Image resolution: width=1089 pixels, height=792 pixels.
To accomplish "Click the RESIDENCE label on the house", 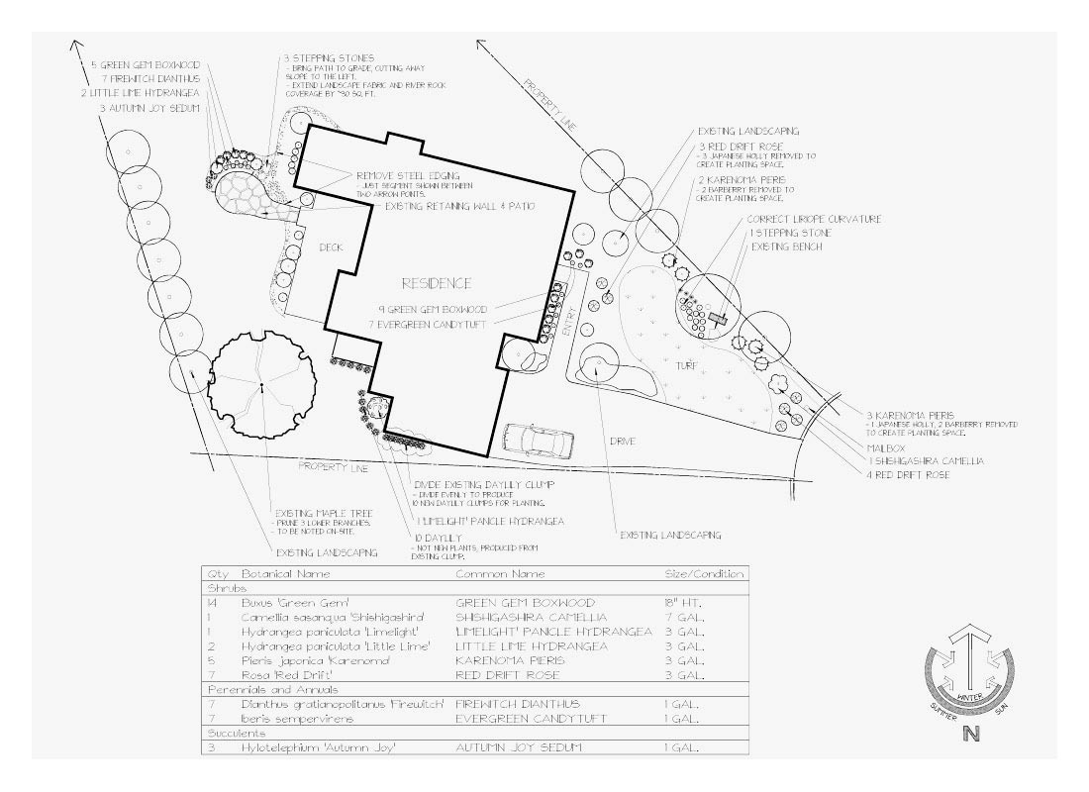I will [436, 283].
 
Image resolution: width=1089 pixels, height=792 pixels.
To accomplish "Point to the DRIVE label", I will [622, 441].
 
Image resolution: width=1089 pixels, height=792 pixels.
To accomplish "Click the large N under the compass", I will [971, 734].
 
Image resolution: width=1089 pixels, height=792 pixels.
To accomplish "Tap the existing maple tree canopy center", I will [260, 386].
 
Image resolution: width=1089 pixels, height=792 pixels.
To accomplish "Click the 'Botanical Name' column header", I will [285, 574].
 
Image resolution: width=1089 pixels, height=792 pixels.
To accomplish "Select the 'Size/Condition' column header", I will [703, 574].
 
